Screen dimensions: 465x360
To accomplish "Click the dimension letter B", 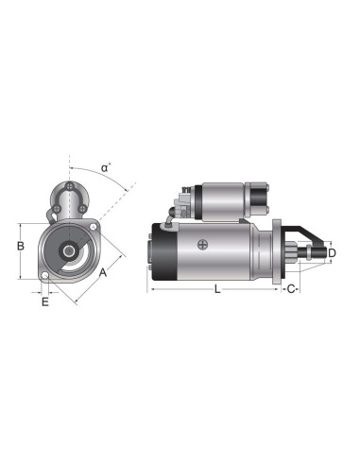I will coord(19,248).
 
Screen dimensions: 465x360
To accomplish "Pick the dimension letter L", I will coord(217,290).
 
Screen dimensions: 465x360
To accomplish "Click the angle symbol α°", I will coord(106,168).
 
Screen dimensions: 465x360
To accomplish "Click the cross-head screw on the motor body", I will coord(202,245).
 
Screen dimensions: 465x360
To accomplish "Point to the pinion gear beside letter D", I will coord(312,253).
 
